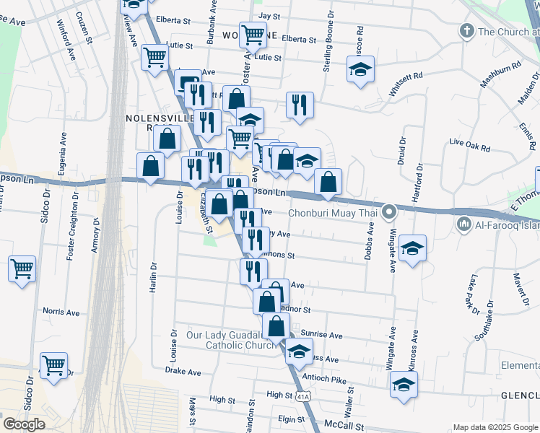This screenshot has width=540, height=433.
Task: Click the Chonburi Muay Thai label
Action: click(332, 213)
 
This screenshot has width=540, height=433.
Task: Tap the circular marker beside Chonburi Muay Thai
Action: click(390, 212)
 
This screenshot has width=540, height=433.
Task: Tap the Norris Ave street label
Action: click(61, 312)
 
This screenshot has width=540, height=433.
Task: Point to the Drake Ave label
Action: click(183, 372)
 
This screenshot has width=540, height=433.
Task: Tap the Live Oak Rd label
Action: click(469, 146)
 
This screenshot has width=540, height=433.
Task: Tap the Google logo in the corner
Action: click(24, 424)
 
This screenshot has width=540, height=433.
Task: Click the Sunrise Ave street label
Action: click(322, 336)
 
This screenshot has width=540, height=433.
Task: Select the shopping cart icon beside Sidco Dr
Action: click(22, 269)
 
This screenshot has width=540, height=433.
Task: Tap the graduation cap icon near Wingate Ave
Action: click(412, 249)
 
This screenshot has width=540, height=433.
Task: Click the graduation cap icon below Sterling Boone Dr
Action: click(360, 70)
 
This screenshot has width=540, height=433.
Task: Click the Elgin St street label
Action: click(292, 419)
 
